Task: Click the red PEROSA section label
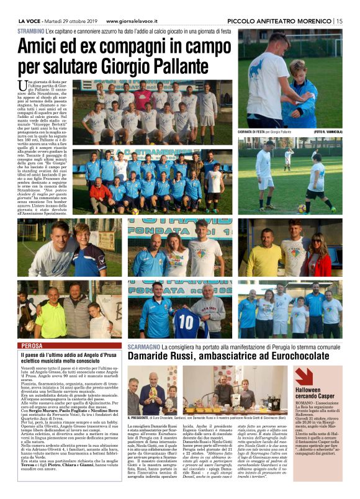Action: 32,345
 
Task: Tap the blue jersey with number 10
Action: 186,321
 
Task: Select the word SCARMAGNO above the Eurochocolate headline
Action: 145,345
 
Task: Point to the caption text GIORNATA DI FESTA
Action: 254,132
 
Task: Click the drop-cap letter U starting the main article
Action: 22,85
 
